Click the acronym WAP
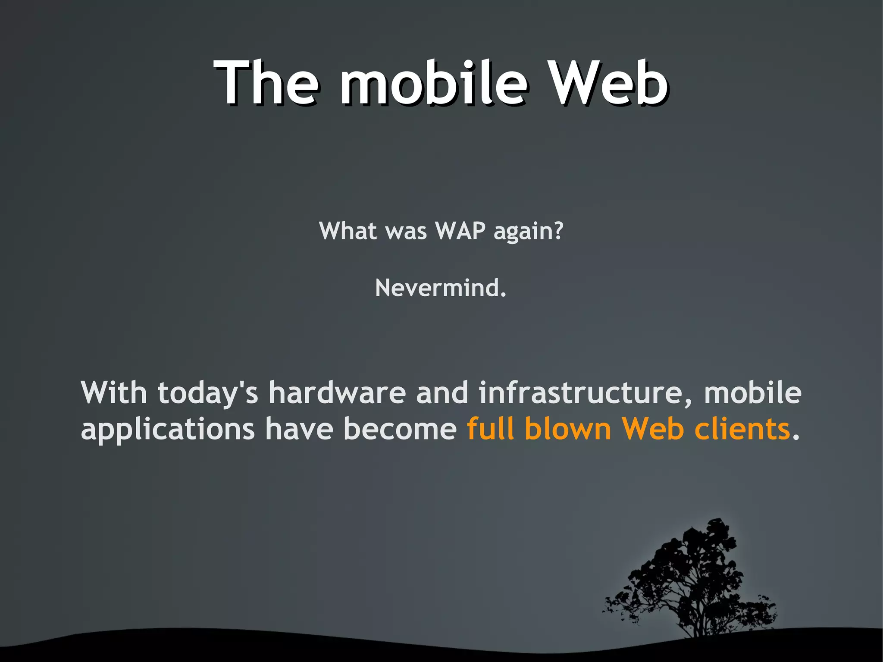click(460, 231)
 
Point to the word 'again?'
click(529, 232)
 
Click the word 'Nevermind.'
click(441, 288)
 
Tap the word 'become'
click(400, 429)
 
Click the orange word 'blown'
click(568, 429)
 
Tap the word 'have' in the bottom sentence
click(299, 429)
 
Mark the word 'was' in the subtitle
click(406, 232)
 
